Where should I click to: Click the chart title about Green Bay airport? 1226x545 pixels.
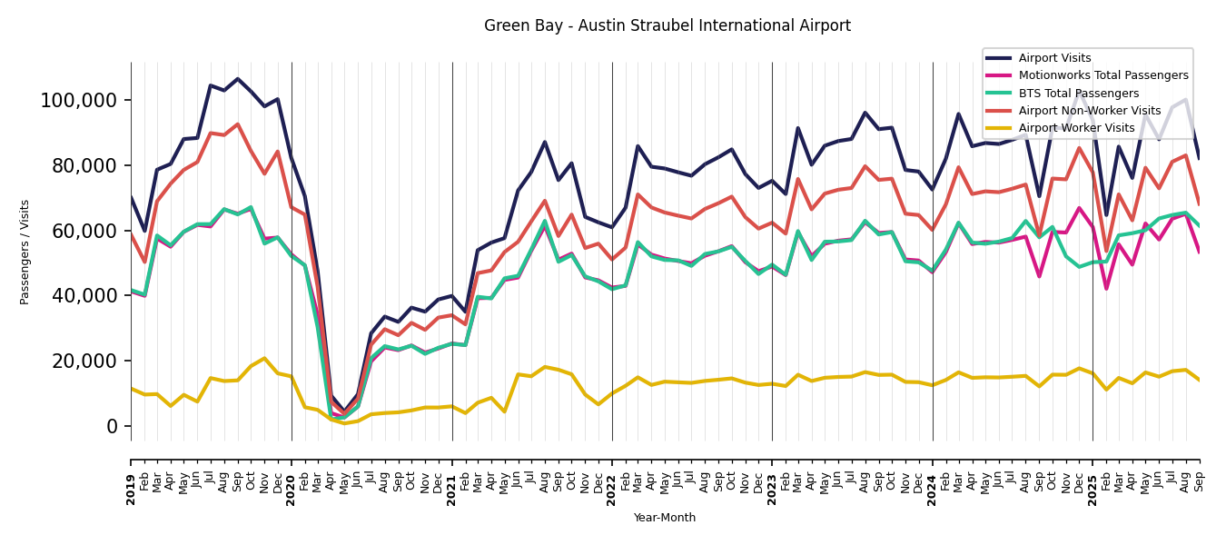coord(667,26)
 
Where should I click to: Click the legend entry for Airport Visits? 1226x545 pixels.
coord(1054,58)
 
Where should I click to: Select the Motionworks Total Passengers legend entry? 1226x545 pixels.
coord(1102,75)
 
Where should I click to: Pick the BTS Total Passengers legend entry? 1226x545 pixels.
coord(1078,94)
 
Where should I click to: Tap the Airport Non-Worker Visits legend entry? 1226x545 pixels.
coord(1089,111)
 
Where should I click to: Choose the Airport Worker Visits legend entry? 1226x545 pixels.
coord(1076,128)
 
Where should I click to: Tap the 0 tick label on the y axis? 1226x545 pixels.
coord(114,426)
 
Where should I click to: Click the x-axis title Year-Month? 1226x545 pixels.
coord(665,518)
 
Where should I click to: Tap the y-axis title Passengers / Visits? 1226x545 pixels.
coord(25,252)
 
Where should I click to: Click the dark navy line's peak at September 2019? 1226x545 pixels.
coord(238,79)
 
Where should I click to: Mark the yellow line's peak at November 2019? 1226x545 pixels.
coord(264,358)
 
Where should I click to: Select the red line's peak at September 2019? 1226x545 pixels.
coord(238,124)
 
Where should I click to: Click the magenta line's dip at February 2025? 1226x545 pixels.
coord(1106,289)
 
